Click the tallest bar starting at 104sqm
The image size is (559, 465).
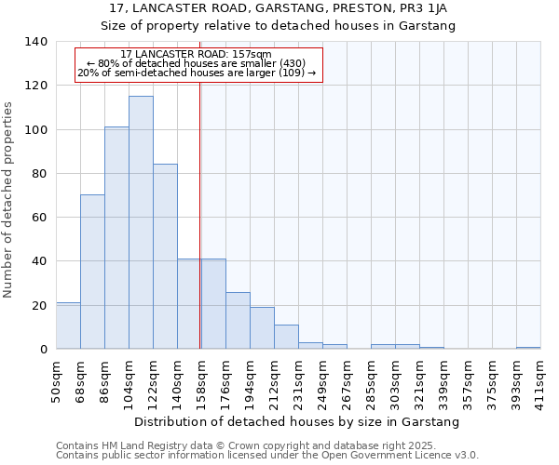141,223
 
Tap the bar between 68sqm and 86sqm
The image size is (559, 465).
92,272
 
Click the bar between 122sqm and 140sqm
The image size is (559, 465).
165,257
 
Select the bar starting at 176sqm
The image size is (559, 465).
238,321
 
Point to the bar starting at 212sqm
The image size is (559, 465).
286,337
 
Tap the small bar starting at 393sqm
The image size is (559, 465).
528,348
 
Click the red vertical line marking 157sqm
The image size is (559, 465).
200,214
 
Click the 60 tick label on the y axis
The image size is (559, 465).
39,218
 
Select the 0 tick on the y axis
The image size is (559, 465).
43,350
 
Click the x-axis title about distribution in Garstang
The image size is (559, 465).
297,422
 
